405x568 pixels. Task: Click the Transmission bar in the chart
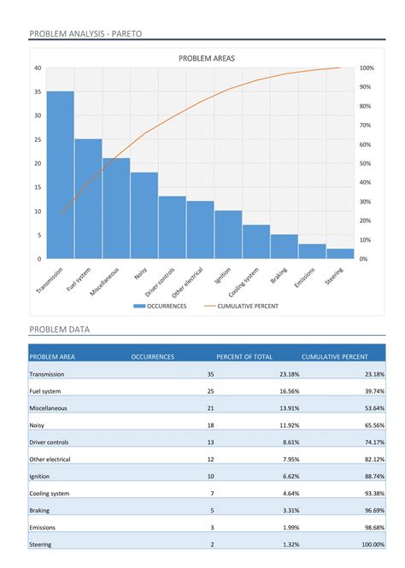tap(60, 175)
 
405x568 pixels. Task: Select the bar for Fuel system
tap(88, 199)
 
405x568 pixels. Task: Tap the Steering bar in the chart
tap(340, 254)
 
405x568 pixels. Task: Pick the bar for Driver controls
tap(172, 227)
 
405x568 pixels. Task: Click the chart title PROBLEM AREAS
tap(206, 58)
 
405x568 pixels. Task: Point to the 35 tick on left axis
tap(38, 91)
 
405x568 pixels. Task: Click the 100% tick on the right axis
tap(367, 68)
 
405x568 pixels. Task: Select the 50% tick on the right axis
tap(365, 163)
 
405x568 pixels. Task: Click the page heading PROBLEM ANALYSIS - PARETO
tap(85, 33)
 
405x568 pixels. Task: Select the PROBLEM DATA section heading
tap(59, 329)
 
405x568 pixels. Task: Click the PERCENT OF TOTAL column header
tap(244, 356)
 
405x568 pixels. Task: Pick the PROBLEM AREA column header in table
tap(52, 356)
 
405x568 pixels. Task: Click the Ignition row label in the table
tap(39, 476)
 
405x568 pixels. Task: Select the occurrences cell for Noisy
tap(210, 425)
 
